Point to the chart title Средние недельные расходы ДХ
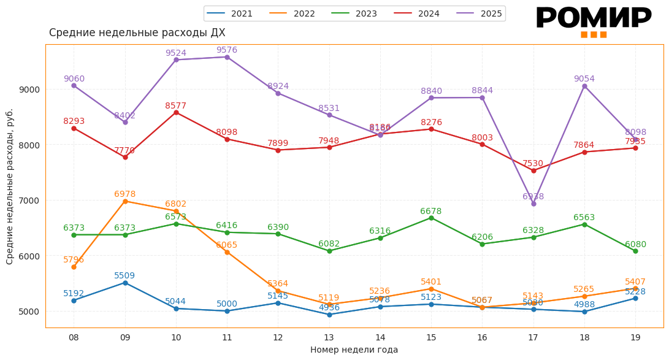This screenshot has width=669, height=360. pyautogui.click(x=137, y=33)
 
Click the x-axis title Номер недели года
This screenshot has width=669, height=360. pyautogui.click(x=354, y=350)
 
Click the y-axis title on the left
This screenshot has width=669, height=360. pyautogui.click(x=10, y=186)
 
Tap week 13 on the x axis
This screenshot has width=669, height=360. pyautogui.click(x=329, y=337)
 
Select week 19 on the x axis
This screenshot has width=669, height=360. pyautogui.click(x=635, y=337)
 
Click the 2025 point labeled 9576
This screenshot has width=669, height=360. pyautogui.click(x=227, y=57)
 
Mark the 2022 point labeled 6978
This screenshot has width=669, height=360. pyautogui.click(x=125, y=201)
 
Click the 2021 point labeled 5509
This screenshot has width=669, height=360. pyautogui.click(x=125, y=283)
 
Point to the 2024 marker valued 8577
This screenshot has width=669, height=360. pyautogui.click(x=176, y=113)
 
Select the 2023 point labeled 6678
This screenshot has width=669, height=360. pyautogui.click(x=431, y=218)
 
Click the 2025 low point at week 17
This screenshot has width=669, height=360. pyautogui.click(x=533, y=204)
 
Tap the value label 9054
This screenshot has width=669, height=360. pyautogui.click(x=584, y=79)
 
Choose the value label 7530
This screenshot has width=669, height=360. pyautogui.click(x=532, y=164)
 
